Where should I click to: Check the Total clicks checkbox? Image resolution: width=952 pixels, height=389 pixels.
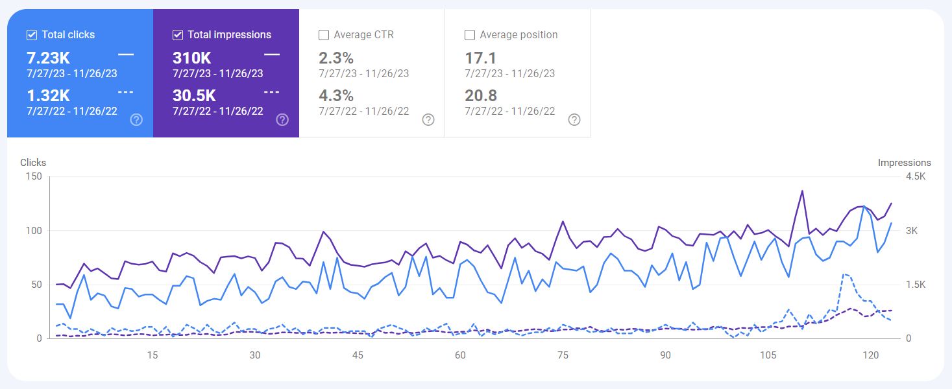point(32,35)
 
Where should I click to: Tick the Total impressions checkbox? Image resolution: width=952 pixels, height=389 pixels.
point(178,35)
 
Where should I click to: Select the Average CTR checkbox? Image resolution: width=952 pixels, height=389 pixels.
point(324,35)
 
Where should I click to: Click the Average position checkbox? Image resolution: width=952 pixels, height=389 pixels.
point(470,35)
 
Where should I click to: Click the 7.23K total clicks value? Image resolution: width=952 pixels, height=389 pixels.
point(48,58)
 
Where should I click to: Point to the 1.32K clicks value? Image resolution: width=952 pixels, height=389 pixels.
point(48,95)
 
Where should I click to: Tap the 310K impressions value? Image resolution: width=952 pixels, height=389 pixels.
point(191,58)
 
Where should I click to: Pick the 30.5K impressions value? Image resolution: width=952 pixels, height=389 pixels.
point(194,95)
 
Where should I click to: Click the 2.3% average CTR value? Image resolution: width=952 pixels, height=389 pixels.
point(336,58)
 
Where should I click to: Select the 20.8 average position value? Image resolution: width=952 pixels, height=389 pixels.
point(481,95)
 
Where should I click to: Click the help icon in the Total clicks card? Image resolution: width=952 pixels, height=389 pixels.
point(136,120)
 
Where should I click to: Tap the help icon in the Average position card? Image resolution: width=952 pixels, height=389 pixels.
point(574,120)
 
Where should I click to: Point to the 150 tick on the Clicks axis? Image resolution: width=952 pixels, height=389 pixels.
point(34,176)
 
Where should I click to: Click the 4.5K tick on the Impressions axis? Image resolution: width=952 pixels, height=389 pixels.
point(916,176)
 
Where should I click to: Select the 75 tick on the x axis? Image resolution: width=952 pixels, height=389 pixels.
point(563,355)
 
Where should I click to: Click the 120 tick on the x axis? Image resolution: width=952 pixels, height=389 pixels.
point(870,355)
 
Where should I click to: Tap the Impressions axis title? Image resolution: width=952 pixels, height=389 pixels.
point(904,163)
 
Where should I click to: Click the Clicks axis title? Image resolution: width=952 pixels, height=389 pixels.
point(33,163)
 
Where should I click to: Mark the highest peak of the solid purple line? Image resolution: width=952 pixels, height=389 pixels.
point(802,191)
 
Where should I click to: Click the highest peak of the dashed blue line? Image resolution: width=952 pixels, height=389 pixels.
point(844,274)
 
